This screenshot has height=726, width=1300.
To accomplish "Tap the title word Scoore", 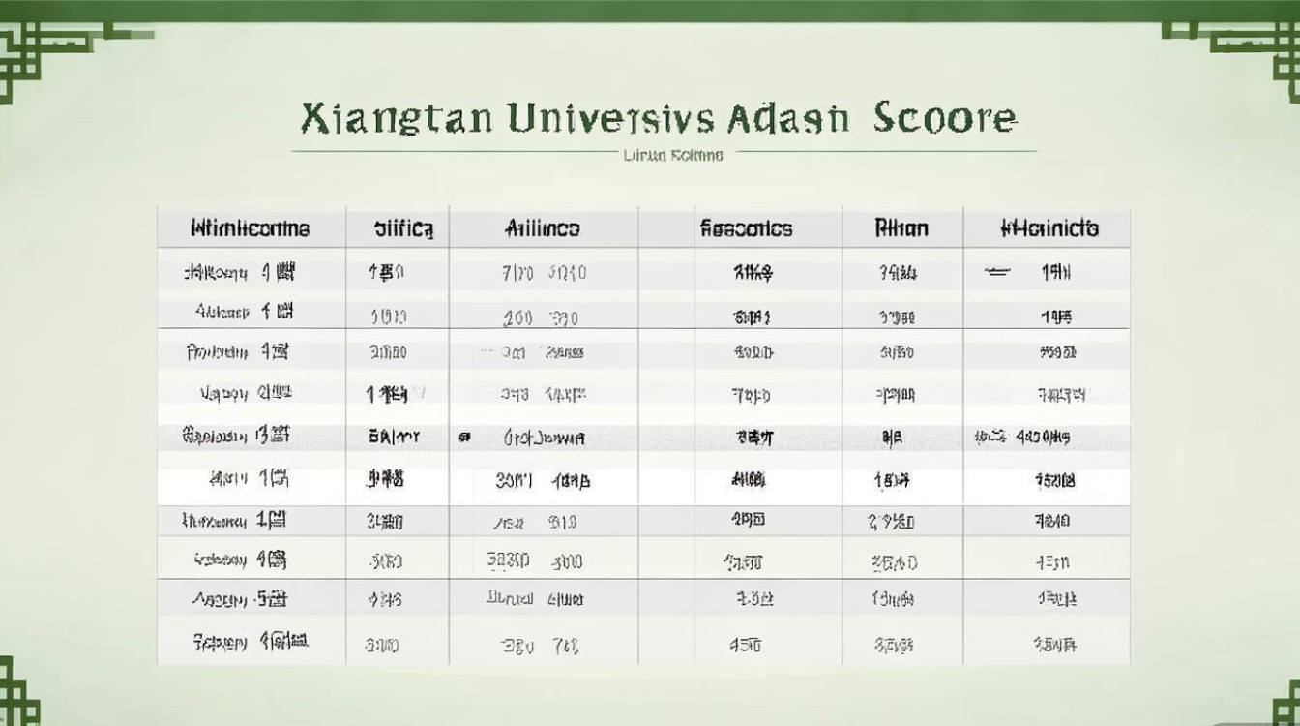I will coord(945,118).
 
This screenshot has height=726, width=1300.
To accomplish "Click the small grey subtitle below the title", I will coord(672,155).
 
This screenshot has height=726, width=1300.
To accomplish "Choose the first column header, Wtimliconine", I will coord(251,229).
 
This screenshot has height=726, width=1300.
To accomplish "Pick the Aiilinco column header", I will coord(543,229).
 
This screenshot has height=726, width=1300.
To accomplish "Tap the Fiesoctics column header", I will coord(745,229).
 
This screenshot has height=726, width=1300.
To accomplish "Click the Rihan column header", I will coord(901,229).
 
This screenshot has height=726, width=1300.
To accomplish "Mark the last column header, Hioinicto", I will coord(1049,229).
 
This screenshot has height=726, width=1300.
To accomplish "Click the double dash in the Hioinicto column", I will coord(997,273).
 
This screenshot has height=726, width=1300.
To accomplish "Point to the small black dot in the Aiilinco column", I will coord(465,438).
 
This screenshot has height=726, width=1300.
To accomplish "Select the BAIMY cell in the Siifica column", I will coord(395,438).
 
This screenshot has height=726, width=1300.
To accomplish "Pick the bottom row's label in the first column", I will coord(250,641).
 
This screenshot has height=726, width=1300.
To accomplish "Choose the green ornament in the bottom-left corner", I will coord(17,692).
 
